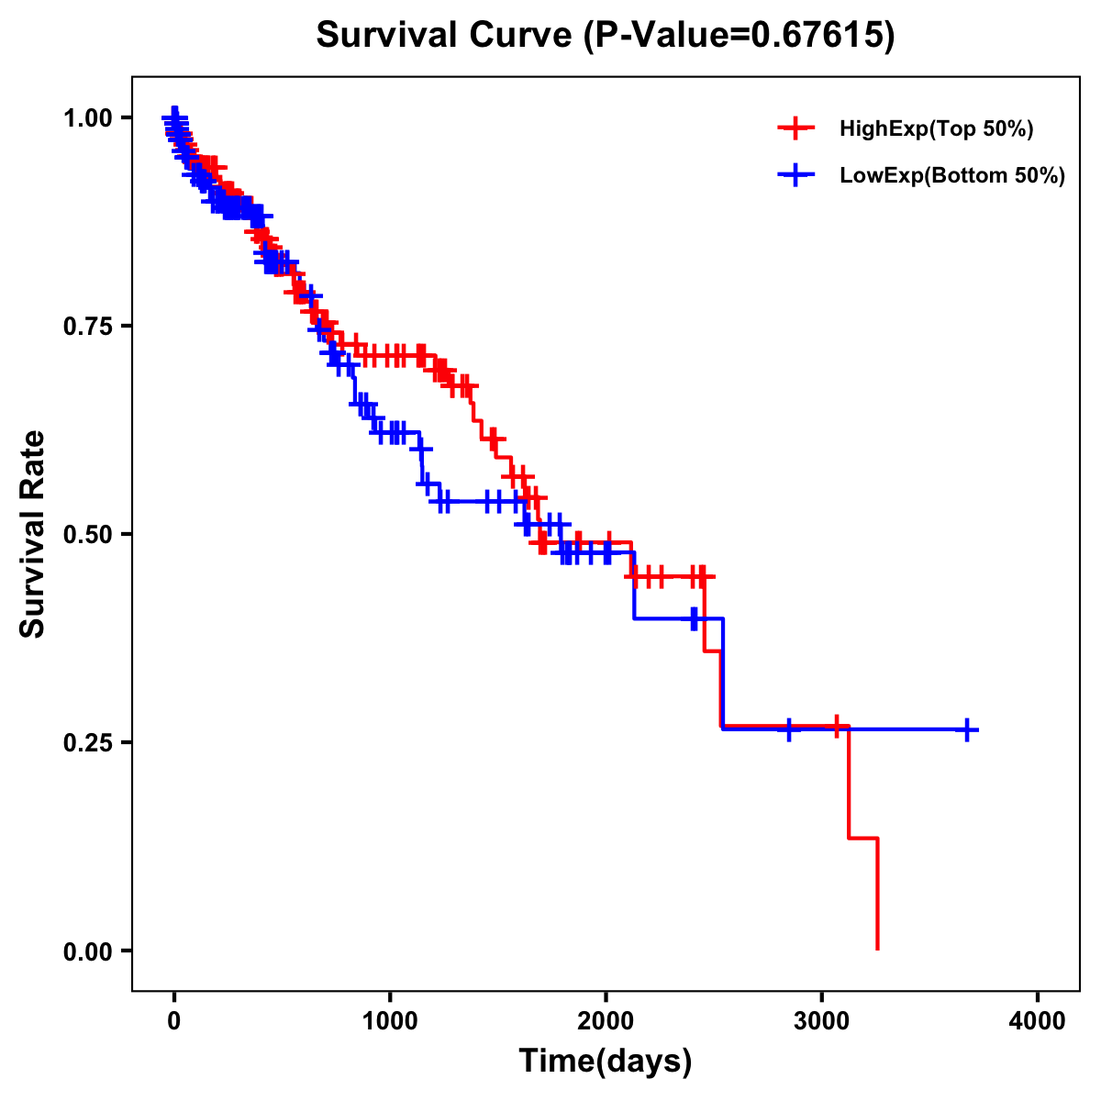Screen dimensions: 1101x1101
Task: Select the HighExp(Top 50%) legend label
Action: [936, 129]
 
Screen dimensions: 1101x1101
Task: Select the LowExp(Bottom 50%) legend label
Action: [952, 176]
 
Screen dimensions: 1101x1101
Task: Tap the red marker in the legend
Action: [795, 129]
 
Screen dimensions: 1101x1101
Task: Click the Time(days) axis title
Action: [606, 1062]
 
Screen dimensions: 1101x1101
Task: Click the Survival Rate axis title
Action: [33, 534]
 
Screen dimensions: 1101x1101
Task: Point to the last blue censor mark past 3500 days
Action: [967, 729]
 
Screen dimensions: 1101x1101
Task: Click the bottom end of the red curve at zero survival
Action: [878, 949]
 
